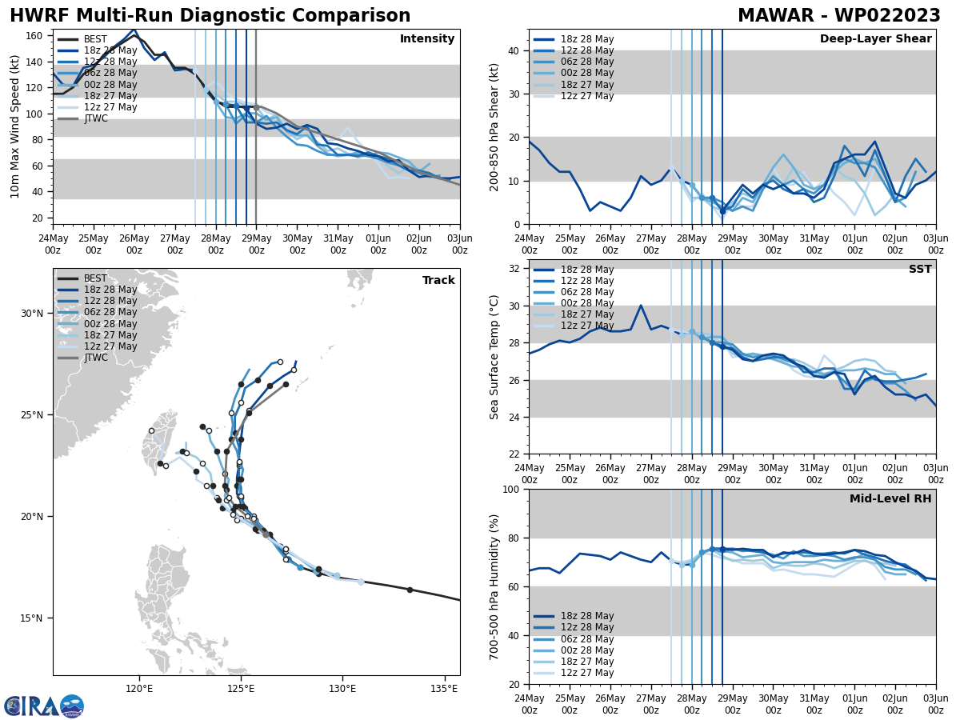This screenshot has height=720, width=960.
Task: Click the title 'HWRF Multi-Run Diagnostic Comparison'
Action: tap(210, 16)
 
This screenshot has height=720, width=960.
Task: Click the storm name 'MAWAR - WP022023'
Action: tap(838, 16)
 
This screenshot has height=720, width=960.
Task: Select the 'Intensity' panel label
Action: tap(427, 39)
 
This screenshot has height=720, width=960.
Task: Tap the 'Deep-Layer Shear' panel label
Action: tap(875, 39)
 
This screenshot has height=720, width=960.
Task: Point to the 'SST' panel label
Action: tap(919, 270)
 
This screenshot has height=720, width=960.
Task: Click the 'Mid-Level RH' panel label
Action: tap(890, 499)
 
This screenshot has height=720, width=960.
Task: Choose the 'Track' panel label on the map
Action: tap(438, 281)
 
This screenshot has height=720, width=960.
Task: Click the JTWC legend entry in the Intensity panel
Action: tap(95, 118)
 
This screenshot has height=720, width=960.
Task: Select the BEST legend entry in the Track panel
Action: tap(95, 278)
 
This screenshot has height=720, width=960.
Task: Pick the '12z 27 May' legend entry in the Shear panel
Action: tap(587, 96)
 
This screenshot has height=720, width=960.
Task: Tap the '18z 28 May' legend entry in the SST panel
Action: tap(587, 270)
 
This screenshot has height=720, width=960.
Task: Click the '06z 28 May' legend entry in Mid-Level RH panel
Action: tap(587, 638)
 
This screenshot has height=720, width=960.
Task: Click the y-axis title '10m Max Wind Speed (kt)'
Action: tap(16, 127)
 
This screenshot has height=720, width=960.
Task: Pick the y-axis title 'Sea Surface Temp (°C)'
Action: tap(494, 357)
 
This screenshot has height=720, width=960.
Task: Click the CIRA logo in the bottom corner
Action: tap(44, 706)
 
